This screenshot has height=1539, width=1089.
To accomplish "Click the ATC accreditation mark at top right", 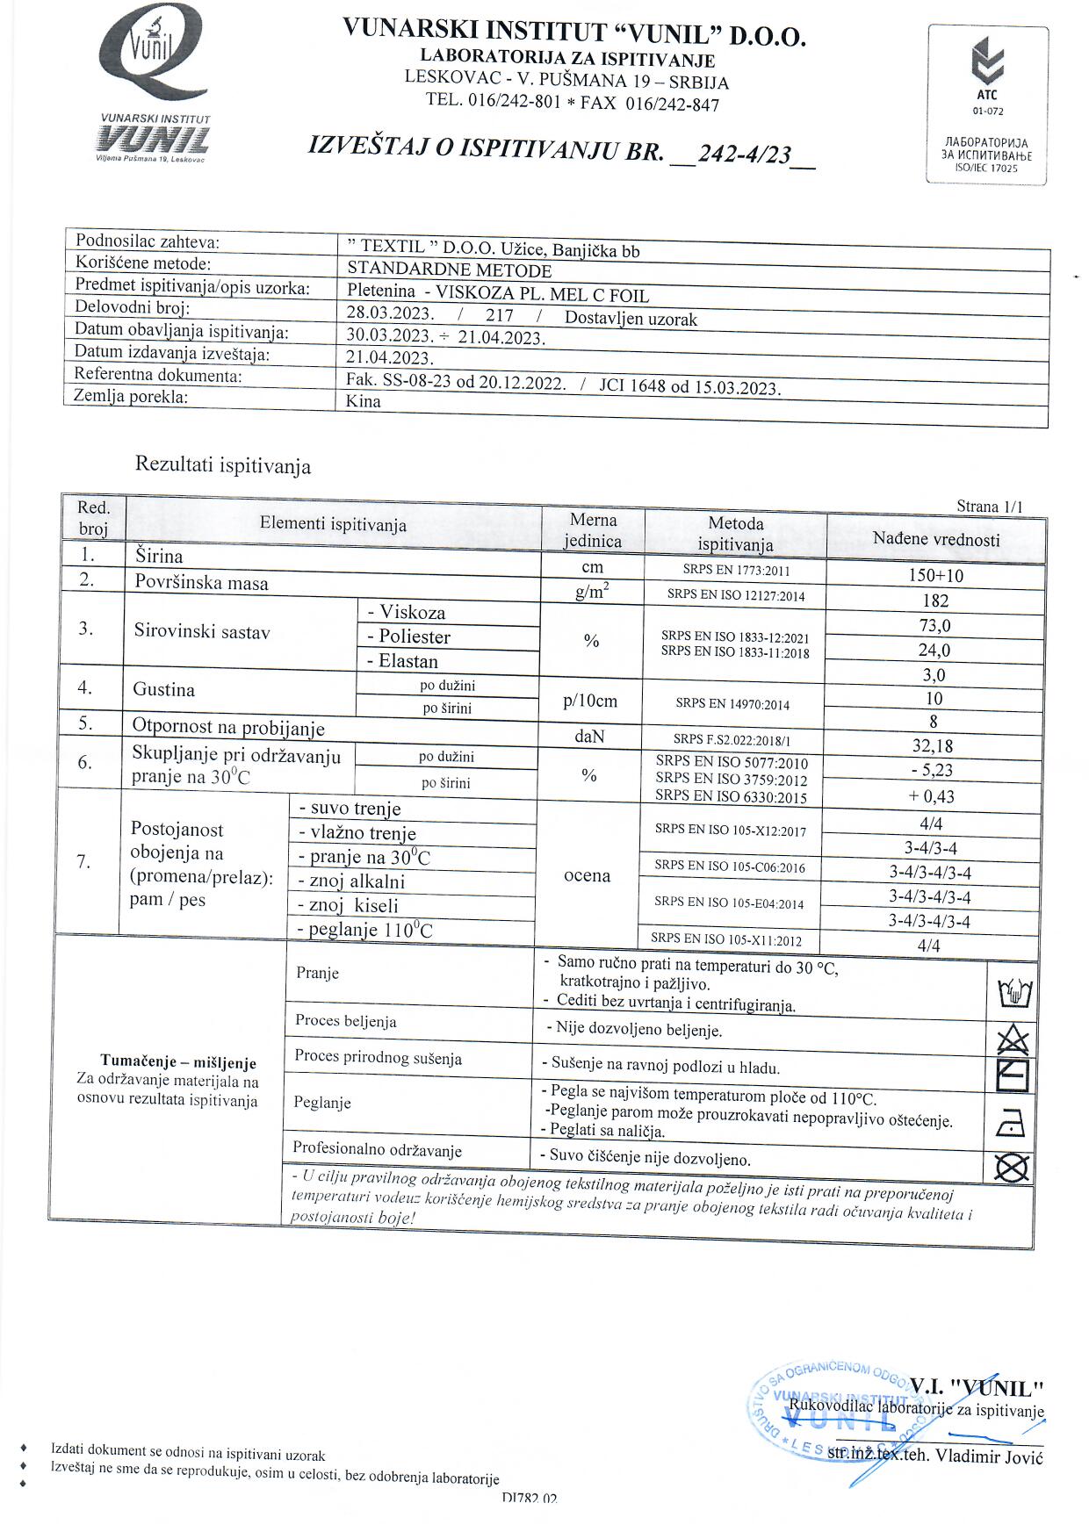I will pyautogui.click(x=987, y=104).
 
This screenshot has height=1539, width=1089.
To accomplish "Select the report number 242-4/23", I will pyautogui.click(x=743, y=154).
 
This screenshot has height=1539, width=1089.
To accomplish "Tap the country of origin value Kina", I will pyautogui.click(x=364, y=401).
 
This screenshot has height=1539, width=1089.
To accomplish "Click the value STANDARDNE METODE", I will pyautogui.click(x=449, y=270).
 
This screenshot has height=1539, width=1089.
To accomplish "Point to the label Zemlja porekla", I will pyautogui.click(x=131, y=396).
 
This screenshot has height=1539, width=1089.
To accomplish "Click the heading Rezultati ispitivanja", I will pyautogui.click(x=223, y=465).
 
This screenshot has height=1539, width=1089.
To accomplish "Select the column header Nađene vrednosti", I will pyautogui.click(x=935, y=540).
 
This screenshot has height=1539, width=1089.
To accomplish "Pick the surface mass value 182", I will pyautogui.click(x=935, y=600).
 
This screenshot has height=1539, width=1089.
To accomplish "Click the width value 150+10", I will pyautogui.click(x=935, y=576).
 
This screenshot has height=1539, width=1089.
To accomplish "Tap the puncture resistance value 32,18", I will pyautogui.click(x=933, y=746).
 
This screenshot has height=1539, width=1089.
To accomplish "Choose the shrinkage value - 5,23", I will pyautogui.click(x=933, y=770).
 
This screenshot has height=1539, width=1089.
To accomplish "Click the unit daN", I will pyautogui.click(x=589, y=737).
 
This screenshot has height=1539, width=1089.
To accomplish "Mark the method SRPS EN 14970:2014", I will pyautogui.click(x=733, y=703).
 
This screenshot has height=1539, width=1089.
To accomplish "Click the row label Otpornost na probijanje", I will pyautogui.click(x=228, y=727).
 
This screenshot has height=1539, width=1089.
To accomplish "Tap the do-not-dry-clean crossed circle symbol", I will pyautogui.click(x=1011, y=1168).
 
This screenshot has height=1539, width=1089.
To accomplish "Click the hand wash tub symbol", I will pyautogui.click(x=1014, y=995).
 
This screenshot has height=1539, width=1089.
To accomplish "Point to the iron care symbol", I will pyautogui.click(x=1012, y=1123).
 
